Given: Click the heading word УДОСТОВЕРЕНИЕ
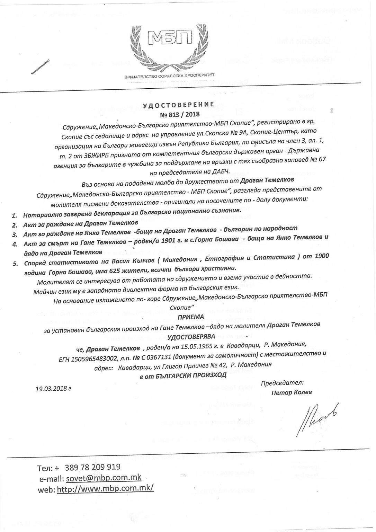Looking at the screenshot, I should coord(179,104).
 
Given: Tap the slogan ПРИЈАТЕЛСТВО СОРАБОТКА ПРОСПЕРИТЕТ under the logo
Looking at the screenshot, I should coord(169,75).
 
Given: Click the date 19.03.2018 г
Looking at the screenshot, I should coord(53,388).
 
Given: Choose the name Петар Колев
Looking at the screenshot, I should coord(292,392).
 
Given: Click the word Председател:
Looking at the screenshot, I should coord(282,383).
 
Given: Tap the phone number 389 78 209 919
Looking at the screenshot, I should coord(92,467).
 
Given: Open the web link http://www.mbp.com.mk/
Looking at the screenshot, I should coord(105,488).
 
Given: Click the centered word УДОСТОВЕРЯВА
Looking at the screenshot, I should coord(191,336).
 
